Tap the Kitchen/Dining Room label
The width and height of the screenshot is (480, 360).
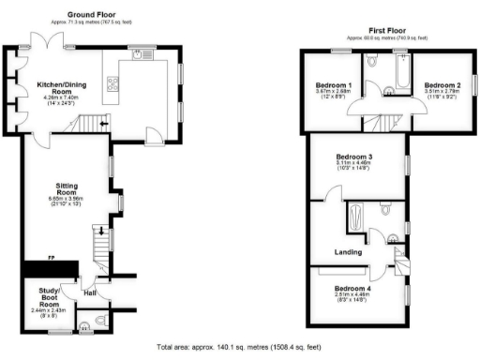pos(59,85)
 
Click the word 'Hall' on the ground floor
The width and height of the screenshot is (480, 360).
pos(89,292)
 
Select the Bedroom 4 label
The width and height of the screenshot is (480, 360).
pos(352,287)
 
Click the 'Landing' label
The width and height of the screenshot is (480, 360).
pos(348,251)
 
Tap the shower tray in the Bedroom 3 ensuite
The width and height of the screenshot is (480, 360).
pos(357,219)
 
